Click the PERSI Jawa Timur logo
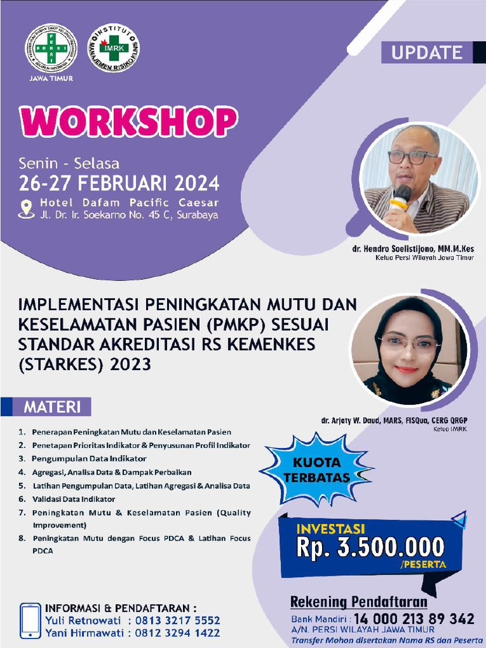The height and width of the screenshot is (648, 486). (x=51, y=48)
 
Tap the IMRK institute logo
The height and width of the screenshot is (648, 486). (x=114, y=49)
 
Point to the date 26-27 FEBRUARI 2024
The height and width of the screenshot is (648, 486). (x=120, y=184)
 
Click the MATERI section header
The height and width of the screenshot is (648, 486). (x=53, y=406)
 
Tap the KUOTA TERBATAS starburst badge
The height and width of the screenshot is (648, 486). (x=316, y=468)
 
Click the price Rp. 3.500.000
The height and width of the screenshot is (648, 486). (x=371, y=547)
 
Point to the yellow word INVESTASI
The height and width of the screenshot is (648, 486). (x=332, y=527)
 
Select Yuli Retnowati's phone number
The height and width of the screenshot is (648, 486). (x=181, y=620)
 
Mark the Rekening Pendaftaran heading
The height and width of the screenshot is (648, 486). (x=359, y=601)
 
